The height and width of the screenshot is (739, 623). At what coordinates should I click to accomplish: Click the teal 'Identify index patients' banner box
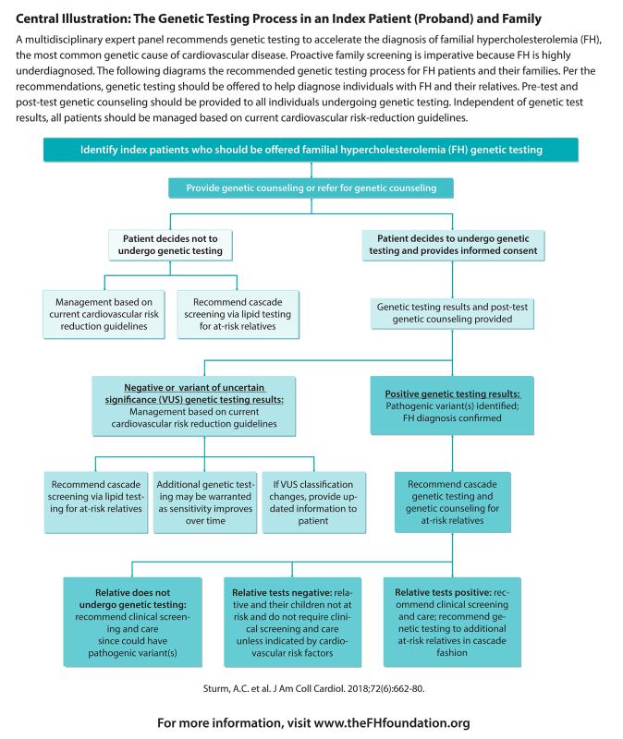(x=311, y=151)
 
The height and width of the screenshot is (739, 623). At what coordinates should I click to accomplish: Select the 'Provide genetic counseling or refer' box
(x=311, y=188)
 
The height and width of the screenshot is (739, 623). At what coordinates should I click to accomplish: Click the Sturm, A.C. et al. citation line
(x=311, y=688)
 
